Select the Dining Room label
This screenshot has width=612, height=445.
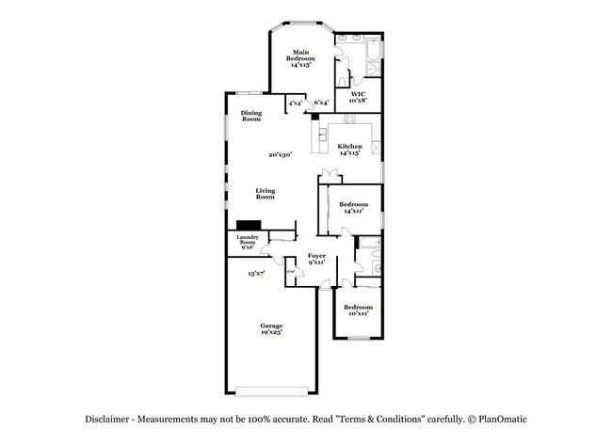click(x=250, y=117)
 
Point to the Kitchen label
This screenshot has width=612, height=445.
click(x=350, y=149)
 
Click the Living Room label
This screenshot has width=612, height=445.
click(x=266, y=195)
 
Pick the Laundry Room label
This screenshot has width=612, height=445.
click(x=248, y=242)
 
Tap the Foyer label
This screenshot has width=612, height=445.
click(x=317, y=258)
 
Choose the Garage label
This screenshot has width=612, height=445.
click(x=271, y=328)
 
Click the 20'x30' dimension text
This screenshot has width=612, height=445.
click(x=281, y=155)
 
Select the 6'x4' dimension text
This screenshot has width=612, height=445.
click(x=321, y=103)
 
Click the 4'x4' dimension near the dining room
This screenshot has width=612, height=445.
click(x=296, y=103)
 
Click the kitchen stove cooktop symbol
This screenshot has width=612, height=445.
click(x=375, y=148)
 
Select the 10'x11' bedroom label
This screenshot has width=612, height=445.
click(x=358, y=310)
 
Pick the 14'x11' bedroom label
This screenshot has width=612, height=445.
click(x=354, y=208)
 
